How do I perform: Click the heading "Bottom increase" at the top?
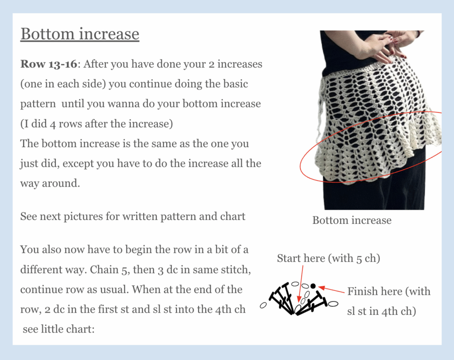[x=80, y=34]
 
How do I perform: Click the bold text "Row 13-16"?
[x=49, y=64]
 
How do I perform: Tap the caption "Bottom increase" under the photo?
[x=352, y=220]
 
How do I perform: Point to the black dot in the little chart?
[x=313, y=286]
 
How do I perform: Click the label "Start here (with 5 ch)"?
[x=329, y=258]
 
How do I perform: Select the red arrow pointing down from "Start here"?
[x=301, y=284]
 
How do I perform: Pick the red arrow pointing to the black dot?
[x=331, y=290]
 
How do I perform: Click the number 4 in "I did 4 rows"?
[x=53, y=124]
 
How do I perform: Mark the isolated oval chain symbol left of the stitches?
[x=263, y=305]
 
